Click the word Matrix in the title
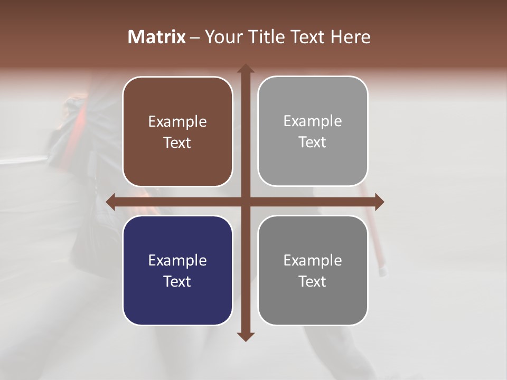click(157, 37)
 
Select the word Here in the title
click(350, 37)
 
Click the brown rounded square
click(177, 131)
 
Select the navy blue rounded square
click(177, 270)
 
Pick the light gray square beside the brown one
click(313, 131)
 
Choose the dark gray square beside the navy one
click(313, 270)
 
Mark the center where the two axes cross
click(246, 202)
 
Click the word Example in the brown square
click(177, 122)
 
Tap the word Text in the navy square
click(177, 281)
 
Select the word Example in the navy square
click(177, 261)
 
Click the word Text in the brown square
click(177, 142)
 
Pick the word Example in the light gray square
click(313, 121)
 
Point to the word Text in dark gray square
click(313, 281)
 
